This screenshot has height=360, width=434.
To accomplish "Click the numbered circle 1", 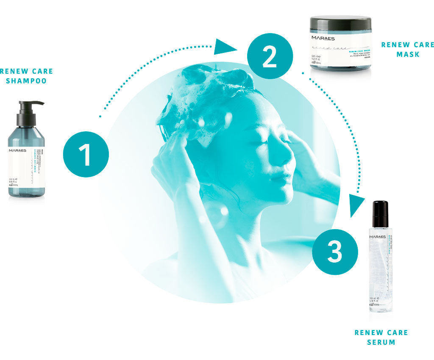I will (x=86, y=154).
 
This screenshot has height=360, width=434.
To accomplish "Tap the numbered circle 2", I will (x=270, y=56).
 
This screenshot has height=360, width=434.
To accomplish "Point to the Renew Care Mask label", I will (x=407, y=49).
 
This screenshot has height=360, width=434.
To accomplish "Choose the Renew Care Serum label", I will (x=381, y=337).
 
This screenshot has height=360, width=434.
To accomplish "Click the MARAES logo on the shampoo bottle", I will (x=17, y=150).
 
